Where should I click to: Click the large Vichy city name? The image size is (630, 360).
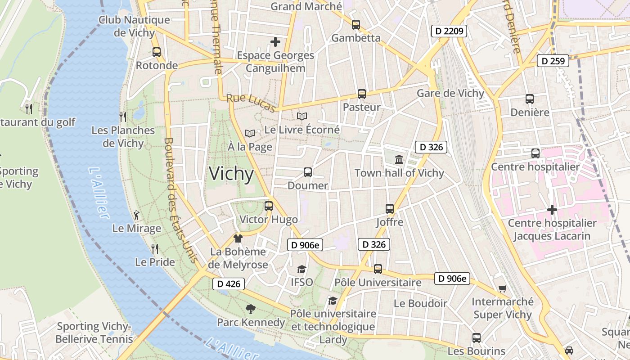click(232, 174)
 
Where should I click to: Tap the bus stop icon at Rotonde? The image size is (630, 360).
click(157, 52)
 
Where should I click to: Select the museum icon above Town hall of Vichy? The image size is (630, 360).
click(399, 159)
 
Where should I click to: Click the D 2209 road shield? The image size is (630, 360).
click(449, 31)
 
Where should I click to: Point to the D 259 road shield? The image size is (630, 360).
click(553, 61)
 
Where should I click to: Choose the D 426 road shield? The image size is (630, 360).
click(229, 284)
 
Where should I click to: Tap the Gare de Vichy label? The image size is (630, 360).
click(450, 93)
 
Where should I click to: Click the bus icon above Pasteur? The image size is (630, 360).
click(362, 94)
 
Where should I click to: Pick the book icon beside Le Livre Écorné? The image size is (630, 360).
click(302, 116)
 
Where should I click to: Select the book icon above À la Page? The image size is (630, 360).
click(250, 133)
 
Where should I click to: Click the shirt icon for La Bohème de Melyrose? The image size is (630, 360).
click(238, 238)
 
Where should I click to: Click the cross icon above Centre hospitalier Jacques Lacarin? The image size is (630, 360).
click(552, 210)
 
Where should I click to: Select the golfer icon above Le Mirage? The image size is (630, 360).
click(137, 215)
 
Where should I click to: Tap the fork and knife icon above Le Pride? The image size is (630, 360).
click(155, 248)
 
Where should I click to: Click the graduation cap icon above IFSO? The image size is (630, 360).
click(301, 269)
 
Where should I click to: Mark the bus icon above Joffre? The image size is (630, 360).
click(390, 209)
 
